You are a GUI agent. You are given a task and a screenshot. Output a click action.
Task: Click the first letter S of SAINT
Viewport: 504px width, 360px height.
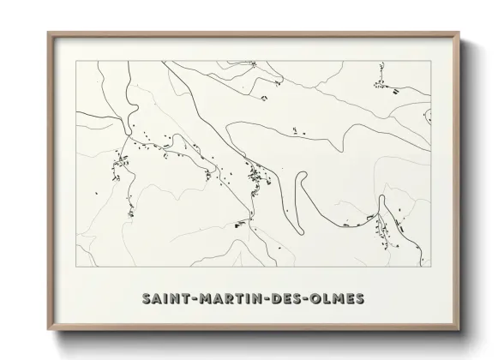pyautogui.click(x=147, y=298)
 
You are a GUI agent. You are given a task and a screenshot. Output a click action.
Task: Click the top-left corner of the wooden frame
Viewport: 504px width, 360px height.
pyautogui.click(x=48, y=33)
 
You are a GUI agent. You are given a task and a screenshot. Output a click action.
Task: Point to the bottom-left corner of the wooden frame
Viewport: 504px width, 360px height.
pyautogui.click(x=48, y=329)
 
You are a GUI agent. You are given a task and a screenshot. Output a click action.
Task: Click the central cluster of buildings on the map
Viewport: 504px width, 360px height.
pyautogui.click(x=255, y=177)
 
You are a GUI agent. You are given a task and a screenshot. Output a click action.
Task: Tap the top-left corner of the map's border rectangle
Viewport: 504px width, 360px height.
pyautogui.click(x=75, y=61)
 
